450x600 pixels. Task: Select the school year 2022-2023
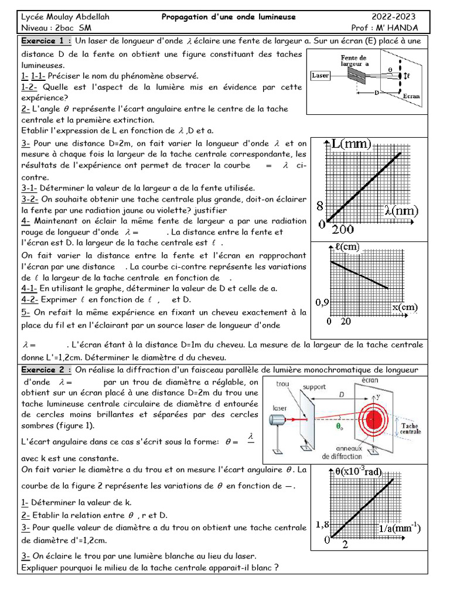tap(401, 16)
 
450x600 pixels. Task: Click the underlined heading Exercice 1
tap(46, 41)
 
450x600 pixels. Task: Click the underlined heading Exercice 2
tap(46, 370)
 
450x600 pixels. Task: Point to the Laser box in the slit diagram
tap(321, 76)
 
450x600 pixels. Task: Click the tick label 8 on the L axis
tap(320, 206)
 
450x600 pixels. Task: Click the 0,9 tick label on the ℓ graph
tap(323, 302)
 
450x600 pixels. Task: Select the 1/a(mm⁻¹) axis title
tap(399, 528)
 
